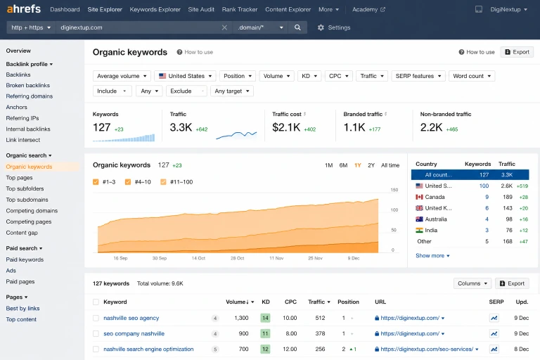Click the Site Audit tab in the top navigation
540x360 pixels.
point(201,9)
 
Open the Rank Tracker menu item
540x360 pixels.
point(240,9)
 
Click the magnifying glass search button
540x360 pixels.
point(297,27)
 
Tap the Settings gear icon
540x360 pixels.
point(321,27)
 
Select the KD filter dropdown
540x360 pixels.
point(309,76)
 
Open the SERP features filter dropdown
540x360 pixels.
point(418,76)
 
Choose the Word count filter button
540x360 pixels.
point(472,76)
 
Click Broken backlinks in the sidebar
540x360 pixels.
point(28,85)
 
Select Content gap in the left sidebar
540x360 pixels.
point(22,233)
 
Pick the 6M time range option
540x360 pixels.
point(343,165)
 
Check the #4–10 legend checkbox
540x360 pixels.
point(128,182)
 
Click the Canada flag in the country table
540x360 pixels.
point(419,197)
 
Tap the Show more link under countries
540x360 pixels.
point(432,256)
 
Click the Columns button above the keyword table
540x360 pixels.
point(472,283)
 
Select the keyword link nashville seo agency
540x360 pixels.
point(131,318)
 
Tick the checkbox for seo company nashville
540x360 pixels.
point(96,333)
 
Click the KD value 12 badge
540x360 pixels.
point(265,349)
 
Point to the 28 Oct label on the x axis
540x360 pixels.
point(237,258)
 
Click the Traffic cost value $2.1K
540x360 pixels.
point(287,127)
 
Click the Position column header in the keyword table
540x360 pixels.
point(348,302)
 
